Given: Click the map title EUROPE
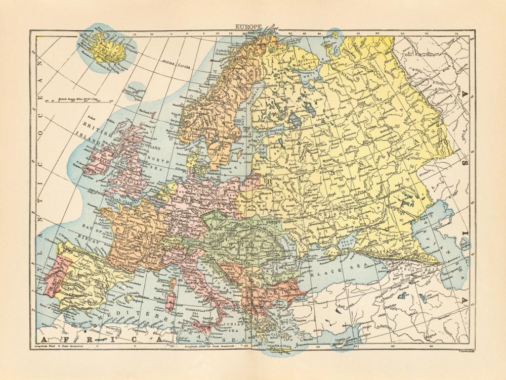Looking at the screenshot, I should [x=248, y=26].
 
